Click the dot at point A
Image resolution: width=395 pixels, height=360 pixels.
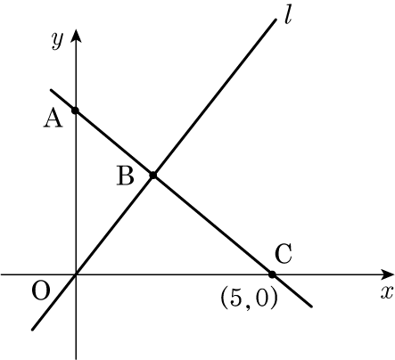pyautogui.click(x=75, y=110)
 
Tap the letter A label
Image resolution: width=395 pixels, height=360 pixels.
pyautogui.click(x=53, y=119)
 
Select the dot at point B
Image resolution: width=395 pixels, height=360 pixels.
pyautogui.click(x=153, y=176)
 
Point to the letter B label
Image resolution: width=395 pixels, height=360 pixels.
pyautogui.click(x=126, y=176)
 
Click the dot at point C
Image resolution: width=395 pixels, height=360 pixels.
pyautogui.click(x=272, y=274)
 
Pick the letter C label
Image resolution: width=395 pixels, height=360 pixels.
pyautogui.click(x=284, y=254)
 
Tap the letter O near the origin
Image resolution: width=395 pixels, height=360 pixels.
pyautogui.click(x=41, y=290)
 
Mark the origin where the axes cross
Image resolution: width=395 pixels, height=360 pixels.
pyautogui.click(x=76, y=274)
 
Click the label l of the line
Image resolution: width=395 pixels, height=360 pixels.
pyautogui.click(x=287, y=16)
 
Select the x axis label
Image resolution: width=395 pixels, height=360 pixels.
pyautogui.click(x=387, y=292)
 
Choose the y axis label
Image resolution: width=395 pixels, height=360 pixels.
pyautogui.click(x=57, y=40)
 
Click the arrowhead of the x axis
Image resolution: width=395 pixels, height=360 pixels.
pyautogui.click(x=387, y=274)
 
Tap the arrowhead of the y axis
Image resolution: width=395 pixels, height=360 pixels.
pyautogui.click(x=77, y=36)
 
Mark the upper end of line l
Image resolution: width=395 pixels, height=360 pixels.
pyautogui.click(x=276, y=20)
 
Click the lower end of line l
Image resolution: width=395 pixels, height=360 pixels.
pyautogui.click(x=33, y=329)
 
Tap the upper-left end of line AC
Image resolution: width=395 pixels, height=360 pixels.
pyautogui.click(x=51, y=90)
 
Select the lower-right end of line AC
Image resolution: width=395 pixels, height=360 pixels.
pyautogui.click(x=311, y=307)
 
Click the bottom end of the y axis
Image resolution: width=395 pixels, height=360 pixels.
pyautogui.click(x=76, y=359)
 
